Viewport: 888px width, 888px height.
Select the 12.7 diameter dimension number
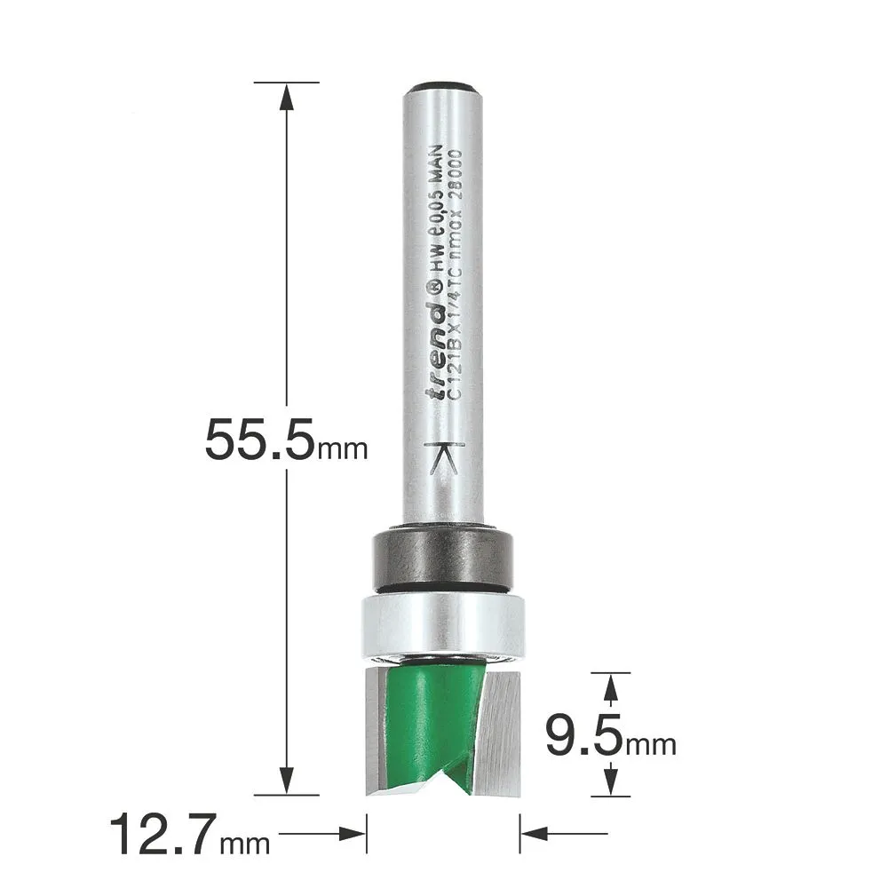click(x=163, y=834)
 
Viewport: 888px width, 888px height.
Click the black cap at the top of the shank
click(x=443, y=85)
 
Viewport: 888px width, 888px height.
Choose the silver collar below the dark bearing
click(x=443, y=626)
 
